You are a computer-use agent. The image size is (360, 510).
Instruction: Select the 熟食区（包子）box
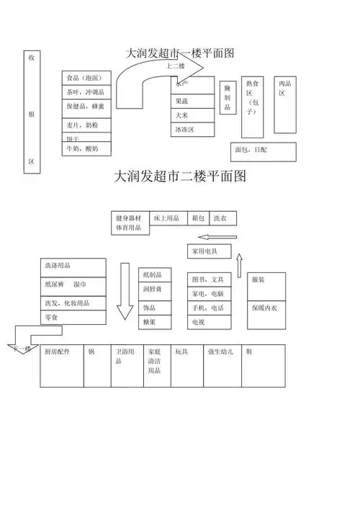[x=252, y=107]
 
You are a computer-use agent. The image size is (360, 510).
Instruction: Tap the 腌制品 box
[x=227, y=98]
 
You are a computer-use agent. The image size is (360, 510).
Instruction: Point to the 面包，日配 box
[x=264, y=151]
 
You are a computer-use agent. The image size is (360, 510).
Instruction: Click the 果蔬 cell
[x=193, y=102]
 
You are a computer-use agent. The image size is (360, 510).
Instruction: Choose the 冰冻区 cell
[x=193, y=130]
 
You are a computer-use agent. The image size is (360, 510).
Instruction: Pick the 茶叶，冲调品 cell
[x=86, y=92]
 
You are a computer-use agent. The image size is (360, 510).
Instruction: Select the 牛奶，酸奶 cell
[x=86, y=148]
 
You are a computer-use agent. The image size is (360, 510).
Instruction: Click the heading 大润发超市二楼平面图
[x=180, y=176]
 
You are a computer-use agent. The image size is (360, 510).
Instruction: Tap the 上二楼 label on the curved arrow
[x=176, y=67]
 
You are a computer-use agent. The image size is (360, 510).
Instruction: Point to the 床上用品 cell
[x=168, y=218]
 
